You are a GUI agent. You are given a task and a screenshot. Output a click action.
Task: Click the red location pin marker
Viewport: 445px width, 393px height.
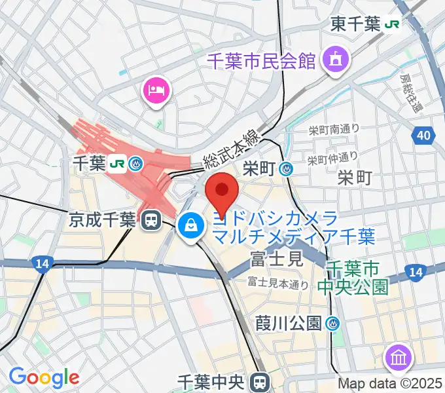point(222,190)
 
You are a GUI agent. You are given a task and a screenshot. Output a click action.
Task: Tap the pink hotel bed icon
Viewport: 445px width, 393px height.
point(157,89)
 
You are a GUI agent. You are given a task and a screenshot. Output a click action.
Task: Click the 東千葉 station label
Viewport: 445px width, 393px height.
point(355,25)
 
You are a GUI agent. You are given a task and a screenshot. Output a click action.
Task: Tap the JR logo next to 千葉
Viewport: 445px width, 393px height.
point(118,163)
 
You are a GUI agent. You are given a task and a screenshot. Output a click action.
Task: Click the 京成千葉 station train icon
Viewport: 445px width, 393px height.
point(152,220)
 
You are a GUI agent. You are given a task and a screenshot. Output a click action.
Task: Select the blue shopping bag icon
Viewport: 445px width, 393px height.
point(190,227)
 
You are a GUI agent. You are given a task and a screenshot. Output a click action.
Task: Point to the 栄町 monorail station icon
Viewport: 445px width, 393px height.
point(286,168)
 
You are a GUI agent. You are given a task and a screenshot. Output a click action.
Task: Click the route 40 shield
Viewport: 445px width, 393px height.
point(423,136)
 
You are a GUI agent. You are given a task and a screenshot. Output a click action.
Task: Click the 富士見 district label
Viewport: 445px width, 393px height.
point(276,260)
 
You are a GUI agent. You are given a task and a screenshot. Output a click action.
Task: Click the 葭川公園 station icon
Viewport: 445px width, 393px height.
point(333,323)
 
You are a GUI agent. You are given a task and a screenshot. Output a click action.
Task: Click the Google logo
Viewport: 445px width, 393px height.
point(44,377)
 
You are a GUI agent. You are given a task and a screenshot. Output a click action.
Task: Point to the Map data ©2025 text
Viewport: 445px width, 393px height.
point(390,384)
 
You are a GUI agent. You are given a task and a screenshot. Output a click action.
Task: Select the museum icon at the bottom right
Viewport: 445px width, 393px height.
point(399,358)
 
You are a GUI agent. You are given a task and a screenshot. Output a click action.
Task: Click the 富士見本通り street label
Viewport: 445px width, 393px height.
point(277,284)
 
